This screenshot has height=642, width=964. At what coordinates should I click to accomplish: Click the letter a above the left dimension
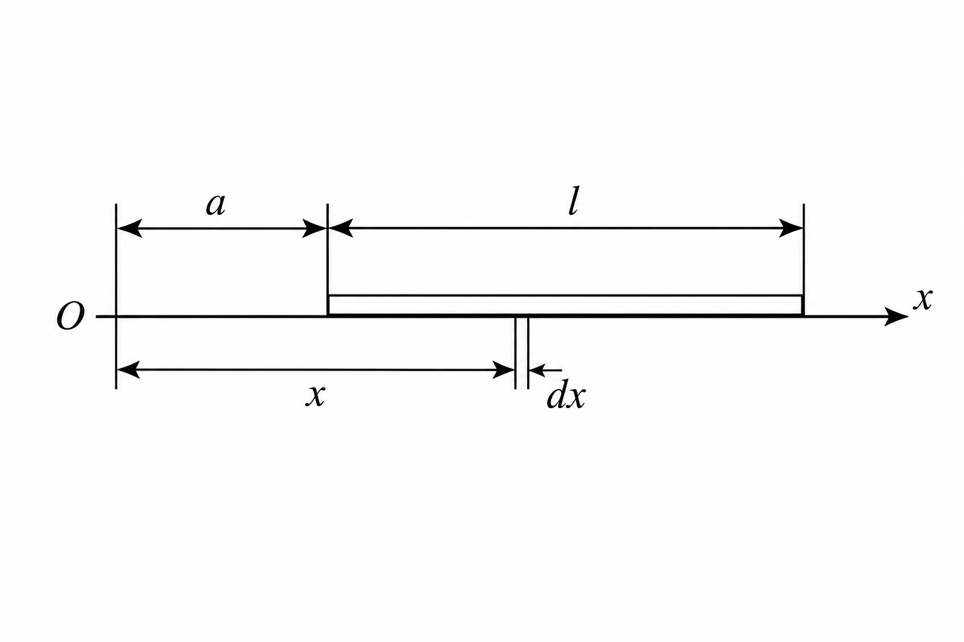tap(215, 206)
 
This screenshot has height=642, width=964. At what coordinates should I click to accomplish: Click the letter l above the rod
tap(573, 201)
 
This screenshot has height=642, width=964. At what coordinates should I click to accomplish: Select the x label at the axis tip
tap(923, 299)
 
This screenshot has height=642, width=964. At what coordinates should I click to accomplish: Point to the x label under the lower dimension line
tap(315, 396)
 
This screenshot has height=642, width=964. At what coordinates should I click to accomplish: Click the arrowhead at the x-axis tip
tap(896, 317)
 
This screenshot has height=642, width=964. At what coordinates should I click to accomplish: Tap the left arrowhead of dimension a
tap(129, 228)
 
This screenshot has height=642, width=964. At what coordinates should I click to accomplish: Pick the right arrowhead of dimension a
tap(315, 228)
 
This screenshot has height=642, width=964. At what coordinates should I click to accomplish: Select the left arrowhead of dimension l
tap(340, 228)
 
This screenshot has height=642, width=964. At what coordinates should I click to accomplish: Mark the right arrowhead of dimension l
tap(791, 228)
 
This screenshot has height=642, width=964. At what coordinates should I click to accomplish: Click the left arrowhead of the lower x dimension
tap(128, 370)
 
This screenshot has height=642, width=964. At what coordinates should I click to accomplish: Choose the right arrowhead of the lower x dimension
tap(503, 370)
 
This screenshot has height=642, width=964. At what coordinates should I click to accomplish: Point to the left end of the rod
tap(328, 306)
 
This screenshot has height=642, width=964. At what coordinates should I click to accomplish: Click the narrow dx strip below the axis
tap(522, 353)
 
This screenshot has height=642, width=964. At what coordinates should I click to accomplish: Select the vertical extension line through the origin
tap(116, 297)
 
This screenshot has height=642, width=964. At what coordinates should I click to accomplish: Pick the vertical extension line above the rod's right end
tap(803, 250)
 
